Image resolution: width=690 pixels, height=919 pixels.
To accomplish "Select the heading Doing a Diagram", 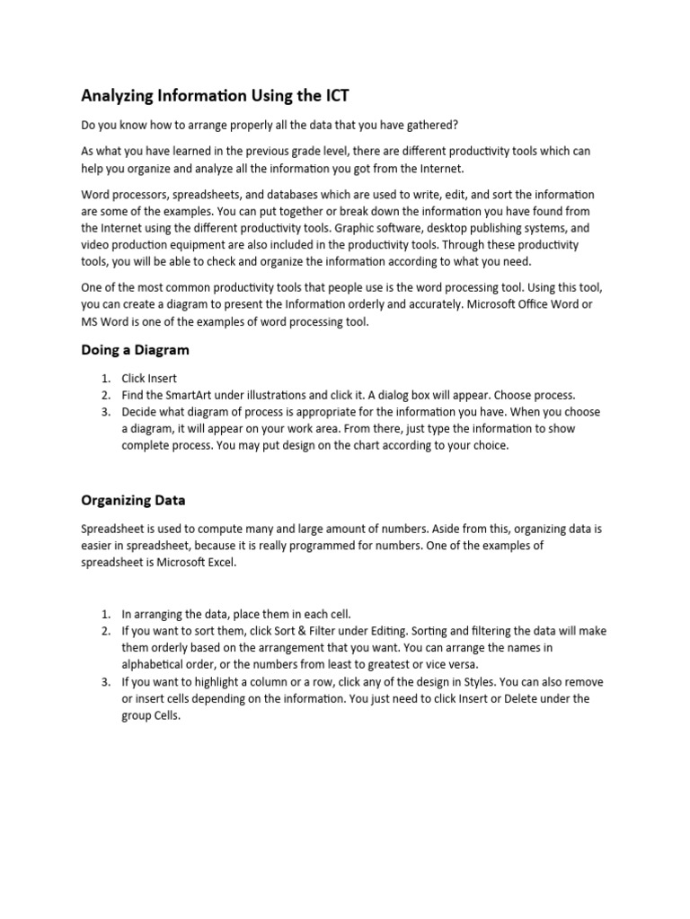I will tap(135, 349).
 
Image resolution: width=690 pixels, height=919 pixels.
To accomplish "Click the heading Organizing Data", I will tap(133, 500).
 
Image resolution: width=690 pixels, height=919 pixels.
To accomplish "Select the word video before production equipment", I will tap(96, 245).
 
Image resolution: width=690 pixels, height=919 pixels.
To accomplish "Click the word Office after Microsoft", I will tap(522, 305).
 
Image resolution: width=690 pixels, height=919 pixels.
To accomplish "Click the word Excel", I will tap(217, 562).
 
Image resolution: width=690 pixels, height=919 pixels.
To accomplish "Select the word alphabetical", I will tap(153, 664).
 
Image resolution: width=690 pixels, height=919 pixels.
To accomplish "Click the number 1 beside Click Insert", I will tap(105, 379).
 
